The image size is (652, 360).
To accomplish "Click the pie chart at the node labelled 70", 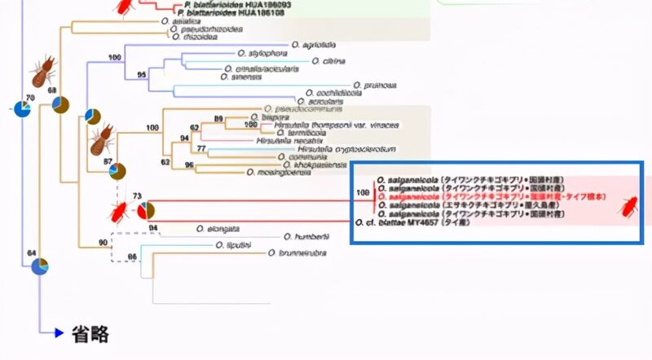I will click(x=24, y=110).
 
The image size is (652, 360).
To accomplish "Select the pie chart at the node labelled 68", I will click(x=61, y=105).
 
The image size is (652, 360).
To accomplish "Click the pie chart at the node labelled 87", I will click(x=117, y=171).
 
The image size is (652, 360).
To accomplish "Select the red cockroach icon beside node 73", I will click(x=119, y=213).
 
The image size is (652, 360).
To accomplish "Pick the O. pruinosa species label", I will click(x=379, y=84).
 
